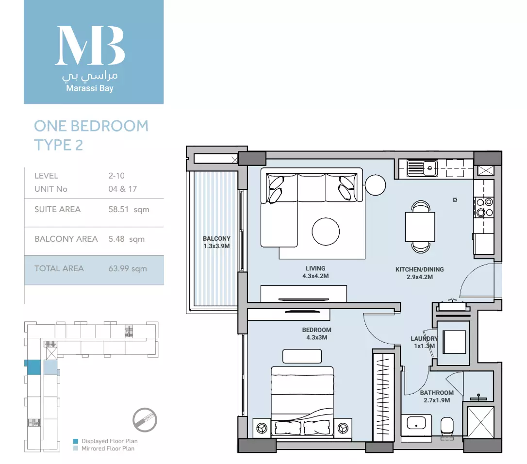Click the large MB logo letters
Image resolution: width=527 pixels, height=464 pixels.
pyautogui.click(x=90, y=46)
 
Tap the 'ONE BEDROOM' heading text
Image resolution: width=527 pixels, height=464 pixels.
pyautogui.click(x=91, y=126)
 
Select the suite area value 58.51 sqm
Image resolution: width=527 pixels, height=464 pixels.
pyautogui.click(x=129, y=210)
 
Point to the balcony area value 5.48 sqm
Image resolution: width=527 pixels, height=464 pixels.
pyautogui.click(x=126, y=239)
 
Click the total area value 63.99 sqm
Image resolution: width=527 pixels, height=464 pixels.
pyautogui.click(x=128, y=269)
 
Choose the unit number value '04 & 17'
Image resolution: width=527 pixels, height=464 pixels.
pyautogui.click(x=123, y=189)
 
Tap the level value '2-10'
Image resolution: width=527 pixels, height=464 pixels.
pyautogui.click(x=116, y=176)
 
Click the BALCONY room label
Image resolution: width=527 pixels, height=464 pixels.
pyautogui.click(x=216, y=238)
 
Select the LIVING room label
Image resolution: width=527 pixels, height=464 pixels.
pyautogui.click(x=315, y=268)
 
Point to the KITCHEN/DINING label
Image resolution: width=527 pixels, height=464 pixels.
pyautogui.click(x=419, y=269)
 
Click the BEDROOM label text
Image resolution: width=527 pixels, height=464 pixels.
pyautogui.click(x=316, y=330)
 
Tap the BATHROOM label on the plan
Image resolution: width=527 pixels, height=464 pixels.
pyautogui.click(x=437, y=393)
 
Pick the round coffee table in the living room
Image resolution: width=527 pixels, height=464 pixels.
pyautogui.click(x=326, y=232)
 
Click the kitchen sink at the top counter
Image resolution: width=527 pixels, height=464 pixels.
pyautogui.click(x=422, y=168)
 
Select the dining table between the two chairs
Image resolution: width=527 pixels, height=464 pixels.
pyautogui.click(x=420, y=227)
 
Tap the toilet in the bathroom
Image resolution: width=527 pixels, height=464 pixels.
pyautogui.click(x=447, y=427)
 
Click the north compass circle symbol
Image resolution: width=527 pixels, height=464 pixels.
pyautogui.click(x=145, y=420)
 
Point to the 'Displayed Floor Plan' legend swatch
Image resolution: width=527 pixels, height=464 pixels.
pyautogui.click(x=76, y=441)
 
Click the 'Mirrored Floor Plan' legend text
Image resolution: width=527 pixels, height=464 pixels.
pyautogui.click(x=108, y=448)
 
